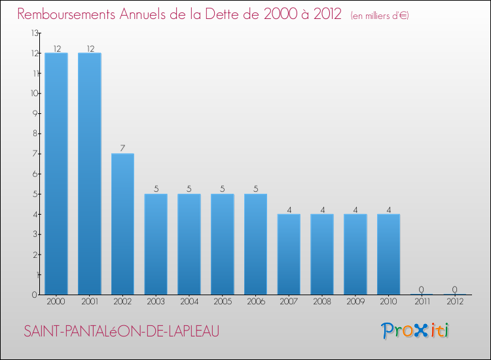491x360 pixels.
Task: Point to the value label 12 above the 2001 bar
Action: point(89,48)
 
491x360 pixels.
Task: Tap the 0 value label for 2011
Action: point(422,289)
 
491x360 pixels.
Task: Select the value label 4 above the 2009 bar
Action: point(355,209)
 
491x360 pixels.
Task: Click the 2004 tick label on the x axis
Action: point(189,302)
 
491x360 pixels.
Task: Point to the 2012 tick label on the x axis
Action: point(455,302)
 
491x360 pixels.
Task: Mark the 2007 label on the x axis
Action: point(289,302)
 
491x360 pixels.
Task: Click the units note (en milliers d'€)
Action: point(380,16)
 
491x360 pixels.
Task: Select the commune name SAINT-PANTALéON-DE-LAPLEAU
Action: point(122,332)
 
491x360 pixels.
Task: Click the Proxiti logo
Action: point(416,331)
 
